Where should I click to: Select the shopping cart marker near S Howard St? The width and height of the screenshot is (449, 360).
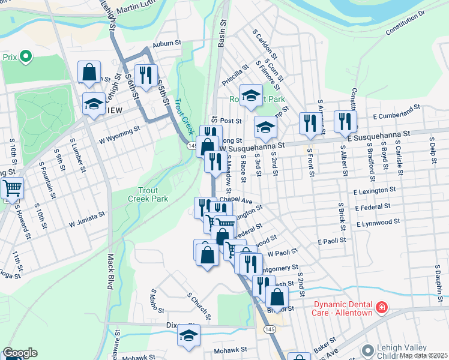(12, 188)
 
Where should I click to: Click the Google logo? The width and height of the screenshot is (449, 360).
(20, 353)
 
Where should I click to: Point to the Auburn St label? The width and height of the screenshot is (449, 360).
(167, 43)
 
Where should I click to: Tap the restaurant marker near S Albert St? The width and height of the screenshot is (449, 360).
(345, 122)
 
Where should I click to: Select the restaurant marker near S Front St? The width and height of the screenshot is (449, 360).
(310, 124)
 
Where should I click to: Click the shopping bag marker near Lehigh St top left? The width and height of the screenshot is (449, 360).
(89, 73)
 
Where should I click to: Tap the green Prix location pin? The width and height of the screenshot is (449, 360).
(25, 57)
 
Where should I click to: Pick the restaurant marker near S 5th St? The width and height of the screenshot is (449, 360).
(146, 75)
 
